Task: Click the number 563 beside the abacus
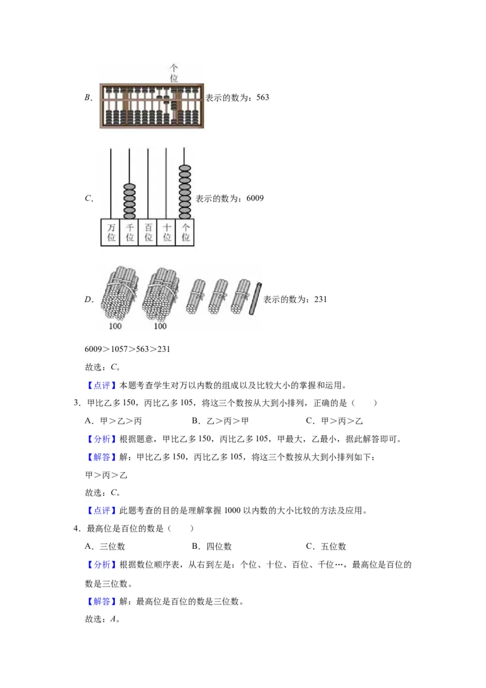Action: [261, 97]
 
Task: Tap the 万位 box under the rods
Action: [111, 232]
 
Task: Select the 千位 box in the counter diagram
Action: [129, 232]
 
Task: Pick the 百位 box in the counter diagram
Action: [148, 232]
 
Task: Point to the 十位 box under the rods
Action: [166, 232]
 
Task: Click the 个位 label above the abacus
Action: [174, 74]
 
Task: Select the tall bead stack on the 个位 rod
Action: [185, 190]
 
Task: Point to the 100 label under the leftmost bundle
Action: [115, 326]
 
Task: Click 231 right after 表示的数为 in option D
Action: [321, 299]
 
